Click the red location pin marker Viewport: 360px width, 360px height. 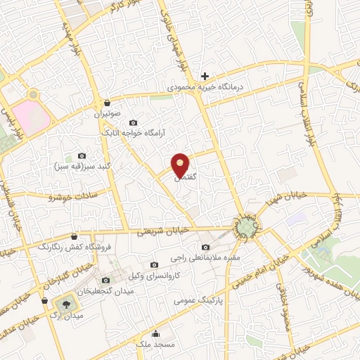coord(181,165)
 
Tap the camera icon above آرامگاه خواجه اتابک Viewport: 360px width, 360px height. coord(134,122)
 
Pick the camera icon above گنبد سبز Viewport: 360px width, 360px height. coord(82,155)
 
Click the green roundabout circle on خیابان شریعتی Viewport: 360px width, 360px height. coord(246,228)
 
